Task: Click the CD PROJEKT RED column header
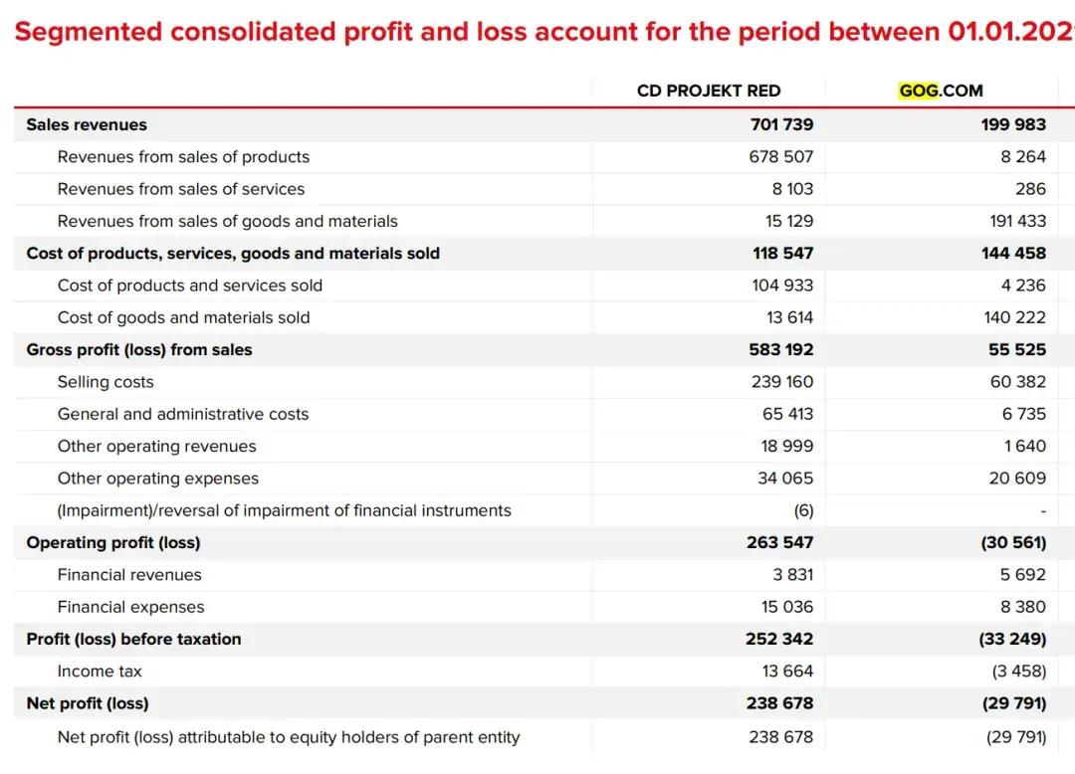(x=709, y=91)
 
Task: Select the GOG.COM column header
(x=941, y=91)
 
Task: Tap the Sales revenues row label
(x=87, y=124)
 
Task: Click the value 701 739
(x=781, y=124)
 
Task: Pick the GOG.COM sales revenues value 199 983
(x=1013, y=124)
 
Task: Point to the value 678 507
(x=781, y=157)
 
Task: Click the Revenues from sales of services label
(x=181, y=189)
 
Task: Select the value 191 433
(x=1016, y=221)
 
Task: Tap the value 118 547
(x=782, y=253)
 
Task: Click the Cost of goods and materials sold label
(x=183, y=317)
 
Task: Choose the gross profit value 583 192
(x=781, y=349)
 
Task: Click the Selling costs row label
(x=106, y=382)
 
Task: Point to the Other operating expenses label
(x=158, y=479)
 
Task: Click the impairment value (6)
(x=803, y=510)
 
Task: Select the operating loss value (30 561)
(x=1012, y=542)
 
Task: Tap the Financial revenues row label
(x=129, y=575)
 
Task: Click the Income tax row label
(x=100, y=672)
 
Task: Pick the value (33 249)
(x=1012, y=639)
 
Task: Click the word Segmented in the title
(x=88, y=32)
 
